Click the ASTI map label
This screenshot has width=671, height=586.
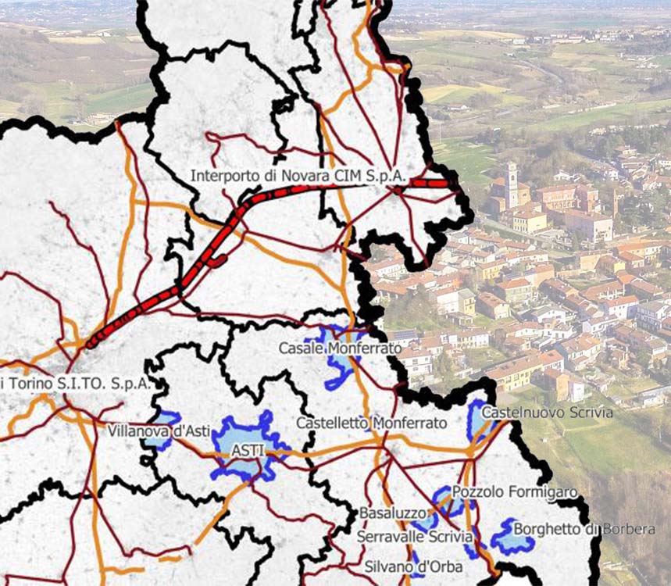(x=248, y=451)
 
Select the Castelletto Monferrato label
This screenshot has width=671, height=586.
(x=371, y=423)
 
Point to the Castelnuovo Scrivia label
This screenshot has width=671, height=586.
(x=547, y=412)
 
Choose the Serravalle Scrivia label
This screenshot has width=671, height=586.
(x=415, y=537)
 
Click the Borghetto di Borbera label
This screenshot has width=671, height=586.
(x=584, y=529)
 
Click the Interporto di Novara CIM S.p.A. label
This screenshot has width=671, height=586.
(x=298, y=177)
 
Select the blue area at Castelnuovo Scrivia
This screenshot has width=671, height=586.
(x=476, y=422)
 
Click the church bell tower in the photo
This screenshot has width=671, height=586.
(x=511, y=184)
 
